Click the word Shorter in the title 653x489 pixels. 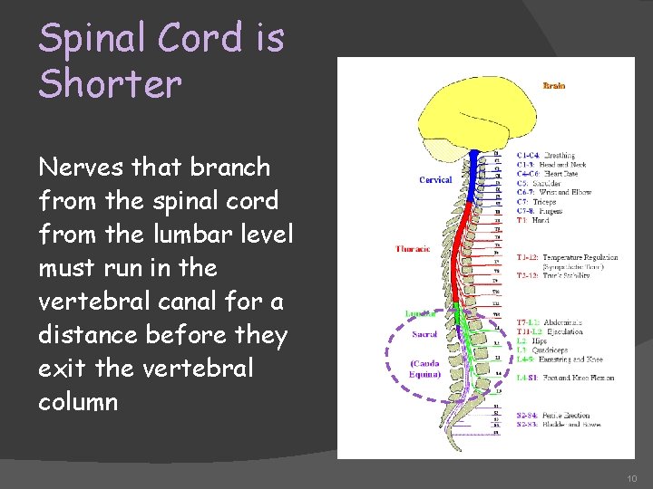pos(110,83)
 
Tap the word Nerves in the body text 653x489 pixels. pos(83,167)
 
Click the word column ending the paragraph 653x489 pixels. pos(78,402)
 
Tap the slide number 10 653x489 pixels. pos(631,477)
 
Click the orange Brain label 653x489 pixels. pos(553,86)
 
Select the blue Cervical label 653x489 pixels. pos(435,180)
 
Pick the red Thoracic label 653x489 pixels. pos(413,248)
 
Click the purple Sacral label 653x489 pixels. pos(424,334)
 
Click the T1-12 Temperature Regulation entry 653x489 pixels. pos(566,257)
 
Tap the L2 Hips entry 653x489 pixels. pos(534,340)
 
